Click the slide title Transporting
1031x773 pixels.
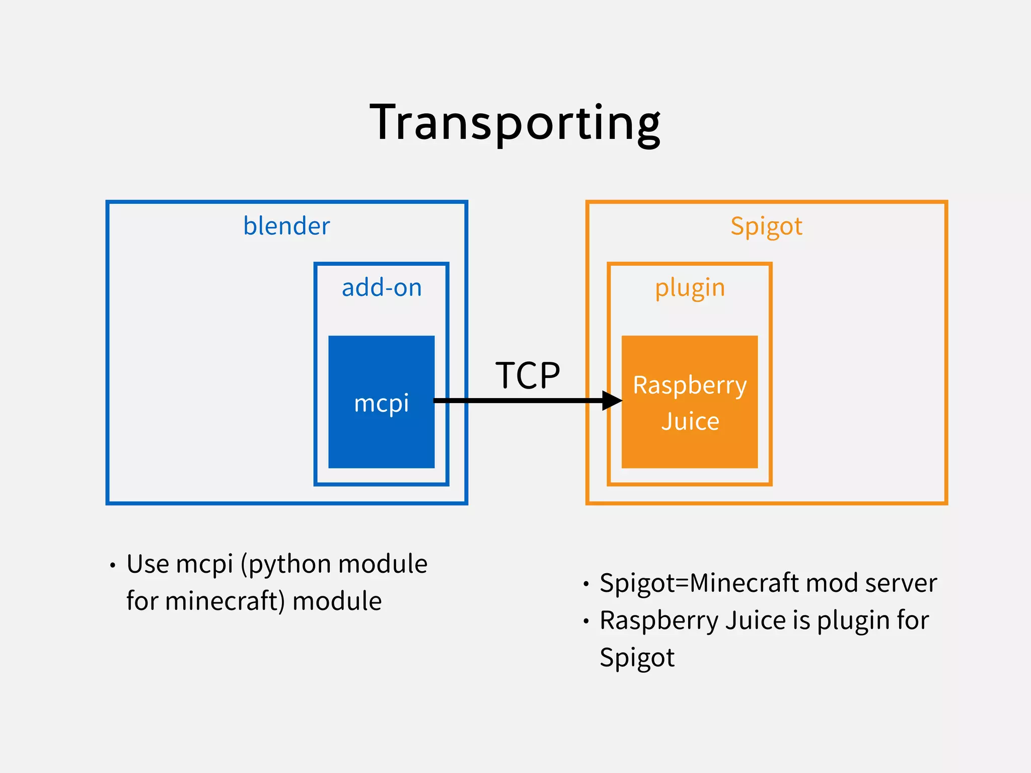tap(514, 122)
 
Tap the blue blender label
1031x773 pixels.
tap(286, 226)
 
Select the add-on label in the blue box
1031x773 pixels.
tap(382, 288)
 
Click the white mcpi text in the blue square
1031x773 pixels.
tap(381, 403)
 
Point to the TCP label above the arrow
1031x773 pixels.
tap(528, 375)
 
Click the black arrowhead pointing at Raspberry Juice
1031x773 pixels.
tap(612, 401)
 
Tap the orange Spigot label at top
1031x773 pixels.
tap(766, 226)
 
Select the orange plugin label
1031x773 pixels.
tap(690, 288)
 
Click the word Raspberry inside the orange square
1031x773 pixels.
tap(690, 385)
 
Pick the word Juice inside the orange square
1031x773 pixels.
tap(690, 421)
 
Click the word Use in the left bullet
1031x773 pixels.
tap(148, 564)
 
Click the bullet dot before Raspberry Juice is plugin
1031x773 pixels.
tap(586, 621)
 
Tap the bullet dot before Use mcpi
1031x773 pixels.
tap(113, 565)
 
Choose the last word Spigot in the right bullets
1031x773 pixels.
tap(637, 658)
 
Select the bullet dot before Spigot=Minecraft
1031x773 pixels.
tap(586, 584)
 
